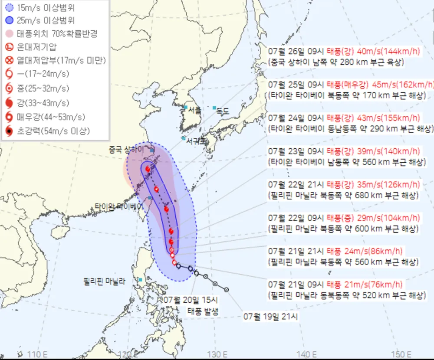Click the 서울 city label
click(195, 111)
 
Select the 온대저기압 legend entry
click(37, 47)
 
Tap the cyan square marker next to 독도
click(214, 107)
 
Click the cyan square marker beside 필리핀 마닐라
click(140, 280)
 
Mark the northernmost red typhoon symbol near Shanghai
click(148, 169)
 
